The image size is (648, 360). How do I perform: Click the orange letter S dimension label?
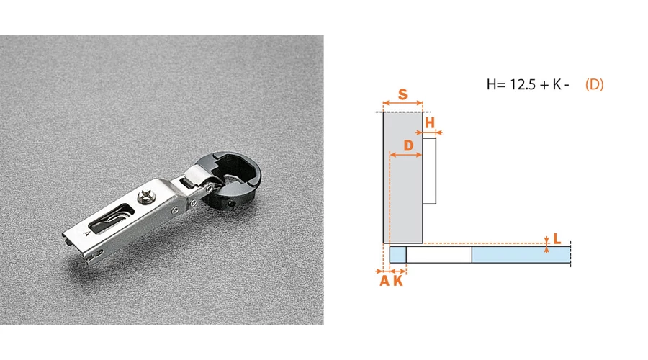[403, 94]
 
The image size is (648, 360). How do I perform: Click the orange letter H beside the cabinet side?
[430, 122]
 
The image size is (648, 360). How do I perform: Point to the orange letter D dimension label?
[408, 145]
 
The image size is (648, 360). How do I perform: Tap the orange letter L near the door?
[557, 238]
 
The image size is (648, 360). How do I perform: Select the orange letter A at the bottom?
[384, 281]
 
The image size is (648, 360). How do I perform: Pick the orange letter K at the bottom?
[398, 281]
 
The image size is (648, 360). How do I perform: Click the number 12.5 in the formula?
[523, 84]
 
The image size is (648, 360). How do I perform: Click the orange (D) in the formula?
[594, 84]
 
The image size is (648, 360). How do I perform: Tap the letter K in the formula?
[557, 84]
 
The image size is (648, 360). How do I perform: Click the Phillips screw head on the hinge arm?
[146, 196]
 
